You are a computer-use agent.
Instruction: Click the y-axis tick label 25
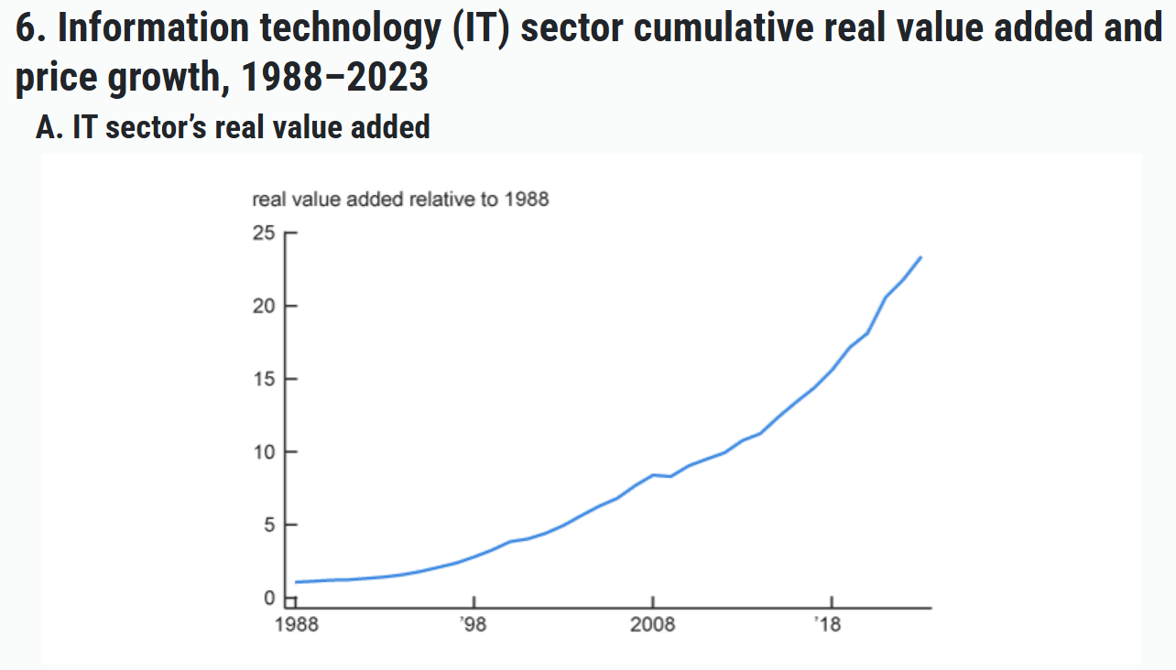tap(264, 233)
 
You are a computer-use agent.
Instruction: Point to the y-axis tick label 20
tap(264, 306)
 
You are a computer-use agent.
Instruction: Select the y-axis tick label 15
tap(264, 379)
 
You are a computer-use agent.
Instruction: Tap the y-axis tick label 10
tap(264, 452)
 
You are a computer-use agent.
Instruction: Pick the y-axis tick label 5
tap(268, 525)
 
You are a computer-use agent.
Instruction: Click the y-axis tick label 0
tap(268, 598)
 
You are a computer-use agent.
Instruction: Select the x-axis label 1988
tap(296, 625)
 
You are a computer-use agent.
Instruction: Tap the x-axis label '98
tap(474, 625)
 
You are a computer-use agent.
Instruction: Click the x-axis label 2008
tap(652, 625)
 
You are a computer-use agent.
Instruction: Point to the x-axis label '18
tap(830, 625)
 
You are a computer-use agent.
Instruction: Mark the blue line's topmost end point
tap(920, 257)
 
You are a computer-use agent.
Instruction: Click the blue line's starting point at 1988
tap(296, 582)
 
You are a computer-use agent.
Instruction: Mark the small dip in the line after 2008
tap(670, 476)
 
